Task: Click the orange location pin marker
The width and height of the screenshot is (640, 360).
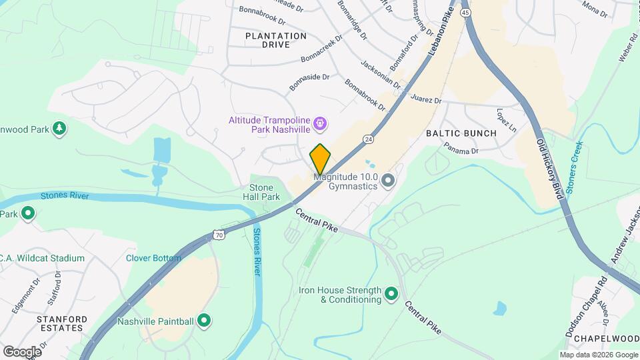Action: click(320, 159)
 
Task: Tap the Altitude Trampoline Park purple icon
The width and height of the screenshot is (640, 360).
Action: click(320, 123)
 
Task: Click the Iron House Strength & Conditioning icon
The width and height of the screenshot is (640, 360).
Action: click(391, 293)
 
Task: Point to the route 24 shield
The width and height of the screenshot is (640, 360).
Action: click(368, 139)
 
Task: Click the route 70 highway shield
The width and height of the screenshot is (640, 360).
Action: click(219, 235)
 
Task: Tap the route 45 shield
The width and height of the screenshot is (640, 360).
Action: click(465, 13)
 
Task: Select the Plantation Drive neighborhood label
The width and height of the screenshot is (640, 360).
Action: click(276, 40)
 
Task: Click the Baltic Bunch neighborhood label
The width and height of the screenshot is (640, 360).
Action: click(461, 133)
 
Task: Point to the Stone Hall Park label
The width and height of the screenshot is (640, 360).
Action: click(265, 193)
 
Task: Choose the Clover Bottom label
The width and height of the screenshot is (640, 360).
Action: click(153, 258)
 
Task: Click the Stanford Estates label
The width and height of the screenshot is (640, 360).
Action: click(62, 323)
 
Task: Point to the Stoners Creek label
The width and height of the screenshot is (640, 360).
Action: click(575, 167)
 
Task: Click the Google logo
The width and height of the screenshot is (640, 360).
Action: click(22, 351)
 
